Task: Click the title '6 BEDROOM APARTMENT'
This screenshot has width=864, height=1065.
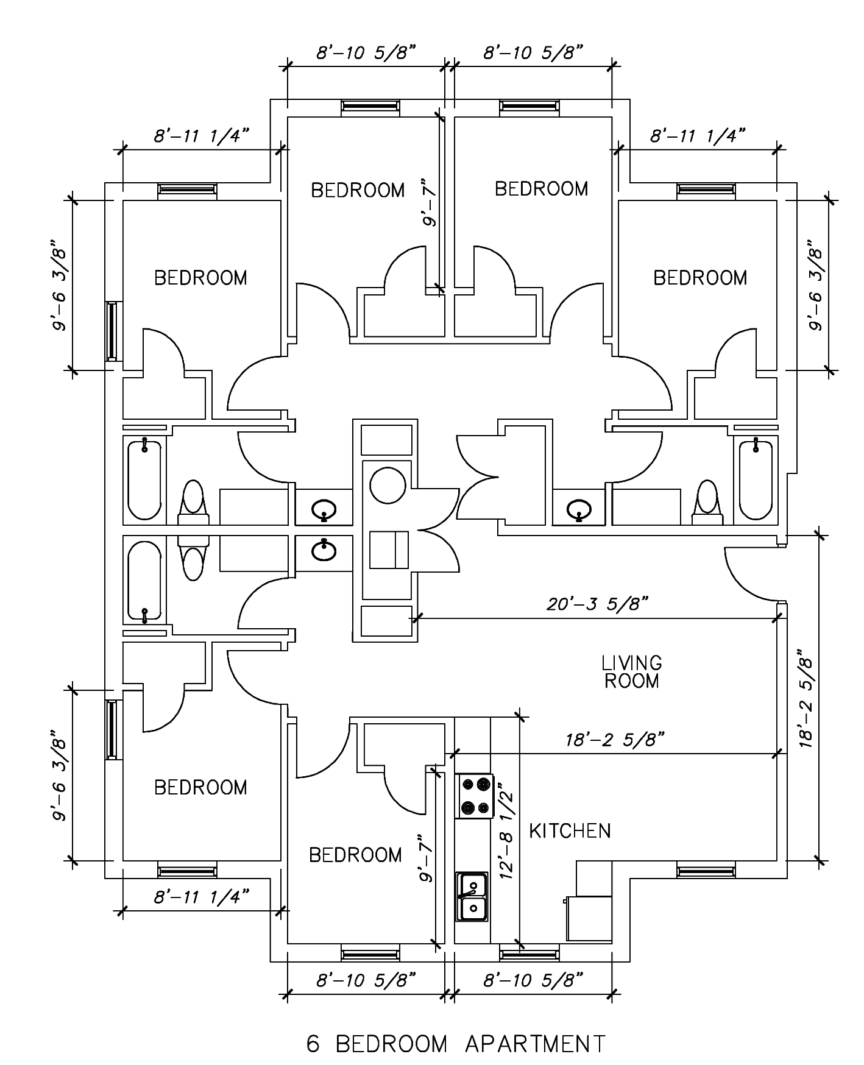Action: (x=456, y=1044)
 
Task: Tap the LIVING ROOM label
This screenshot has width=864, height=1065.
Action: (x=632, y=671)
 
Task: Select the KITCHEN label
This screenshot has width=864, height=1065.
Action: (x=570, y=831)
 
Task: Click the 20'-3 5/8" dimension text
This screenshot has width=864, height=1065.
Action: (x=597, y=604)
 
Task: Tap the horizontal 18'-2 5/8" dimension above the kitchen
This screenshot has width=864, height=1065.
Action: (x=614, y=740)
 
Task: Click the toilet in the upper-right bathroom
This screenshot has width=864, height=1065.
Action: (x=707, y=501)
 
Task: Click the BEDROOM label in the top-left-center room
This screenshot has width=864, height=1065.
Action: (x=358, y=190)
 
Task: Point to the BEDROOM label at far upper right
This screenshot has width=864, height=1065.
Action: (x=700, y=278)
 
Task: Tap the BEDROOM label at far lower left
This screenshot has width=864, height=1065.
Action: (x=200, y=787)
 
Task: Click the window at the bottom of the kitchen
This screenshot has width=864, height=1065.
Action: (x=529, y=952)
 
